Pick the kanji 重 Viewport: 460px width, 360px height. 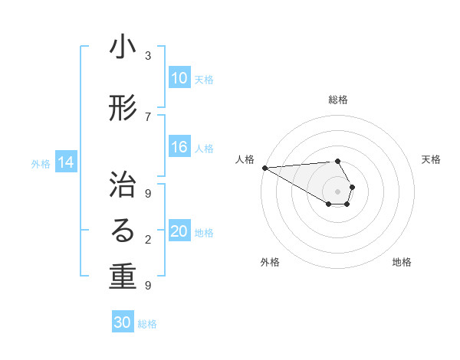123,277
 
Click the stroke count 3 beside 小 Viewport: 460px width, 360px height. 148,56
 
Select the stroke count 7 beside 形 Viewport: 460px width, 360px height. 148,116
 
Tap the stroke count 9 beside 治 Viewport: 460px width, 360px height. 148,192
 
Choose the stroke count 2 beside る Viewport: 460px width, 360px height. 148,240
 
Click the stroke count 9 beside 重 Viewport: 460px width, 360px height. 148,286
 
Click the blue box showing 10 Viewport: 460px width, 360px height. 179,78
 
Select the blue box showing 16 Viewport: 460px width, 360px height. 179,148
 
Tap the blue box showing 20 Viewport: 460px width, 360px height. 179,232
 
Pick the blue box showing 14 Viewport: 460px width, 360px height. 66,162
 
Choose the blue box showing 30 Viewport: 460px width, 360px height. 123,323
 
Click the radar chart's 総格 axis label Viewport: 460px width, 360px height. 338,100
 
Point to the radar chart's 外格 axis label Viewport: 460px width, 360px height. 270,262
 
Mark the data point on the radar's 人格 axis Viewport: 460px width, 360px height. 264,167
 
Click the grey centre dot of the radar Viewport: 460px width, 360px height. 338,191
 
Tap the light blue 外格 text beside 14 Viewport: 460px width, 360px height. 41,163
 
